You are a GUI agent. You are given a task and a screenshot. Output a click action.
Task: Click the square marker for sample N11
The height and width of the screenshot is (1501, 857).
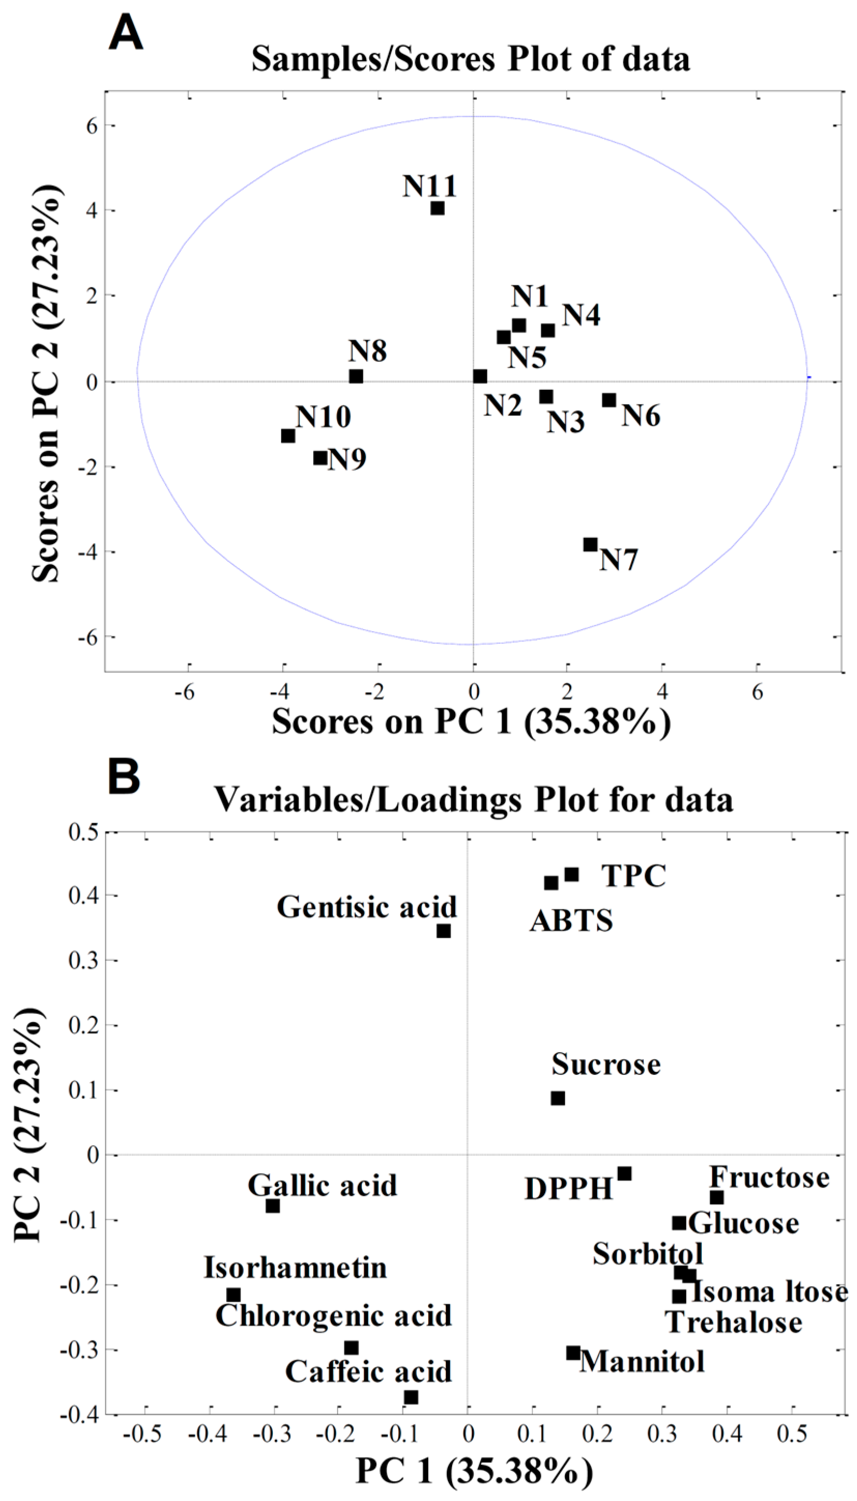438,208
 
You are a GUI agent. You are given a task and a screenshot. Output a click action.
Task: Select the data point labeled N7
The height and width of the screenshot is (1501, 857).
590,544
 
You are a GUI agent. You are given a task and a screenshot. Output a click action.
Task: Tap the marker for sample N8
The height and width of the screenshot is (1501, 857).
356,376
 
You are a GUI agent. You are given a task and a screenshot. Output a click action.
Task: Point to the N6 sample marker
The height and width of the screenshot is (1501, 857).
609,400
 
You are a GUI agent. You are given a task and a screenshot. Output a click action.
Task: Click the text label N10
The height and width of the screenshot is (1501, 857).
323,417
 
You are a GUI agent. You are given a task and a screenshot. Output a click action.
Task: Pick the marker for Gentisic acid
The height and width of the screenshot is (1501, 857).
444,931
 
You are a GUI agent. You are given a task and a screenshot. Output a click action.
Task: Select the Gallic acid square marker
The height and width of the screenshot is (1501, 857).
272,1206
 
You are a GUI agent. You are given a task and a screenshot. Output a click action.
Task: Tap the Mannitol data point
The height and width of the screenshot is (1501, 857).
573,1353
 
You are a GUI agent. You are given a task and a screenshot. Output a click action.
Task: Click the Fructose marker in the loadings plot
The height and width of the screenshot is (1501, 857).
716,1197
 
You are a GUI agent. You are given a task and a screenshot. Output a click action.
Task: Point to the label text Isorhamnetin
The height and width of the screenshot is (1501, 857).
296,1267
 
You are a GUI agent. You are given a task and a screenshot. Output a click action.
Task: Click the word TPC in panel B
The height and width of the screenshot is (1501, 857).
633,876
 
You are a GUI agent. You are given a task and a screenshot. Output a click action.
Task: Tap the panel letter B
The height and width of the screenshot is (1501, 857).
124,776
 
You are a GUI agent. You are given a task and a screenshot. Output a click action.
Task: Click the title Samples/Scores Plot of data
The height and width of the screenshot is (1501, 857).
471,60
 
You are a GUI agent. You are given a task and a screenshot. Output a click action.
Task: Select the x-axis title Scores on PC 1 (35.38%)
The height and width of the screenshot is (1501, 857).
471,721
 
